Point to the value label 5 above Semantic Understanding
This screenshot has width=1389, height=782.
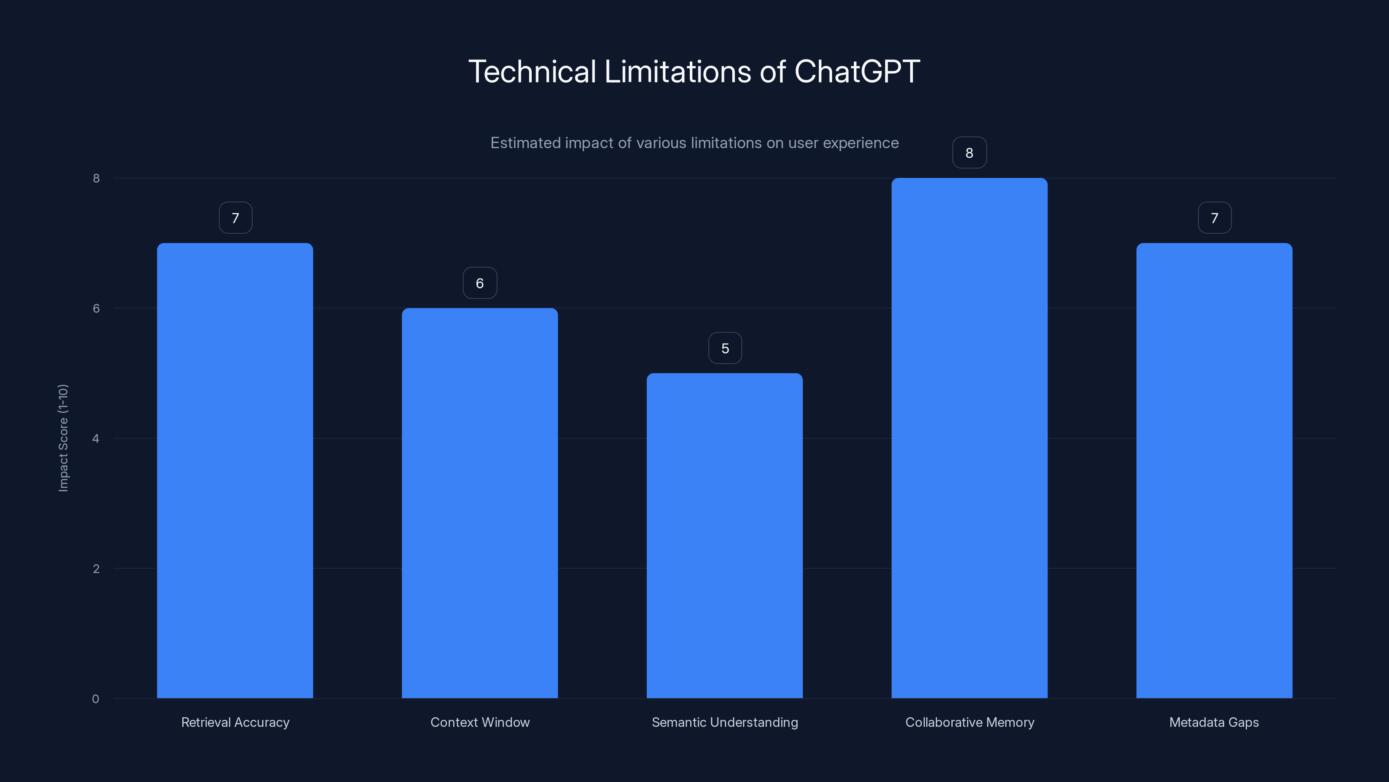(725, 348)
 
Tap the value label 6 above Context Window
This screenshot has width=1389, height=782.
(479, 283)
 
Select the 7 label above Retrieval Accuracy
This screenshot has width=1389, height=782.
(235, 218)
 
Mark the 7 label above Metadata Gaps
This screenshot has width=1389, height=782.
(1215, 218)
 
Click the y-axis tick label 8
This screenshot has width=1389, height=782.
(96, 178)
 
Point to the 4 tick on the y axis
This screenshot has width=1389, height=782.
(95, 438)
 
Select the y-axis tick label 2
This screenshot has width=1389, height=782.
(96, 568)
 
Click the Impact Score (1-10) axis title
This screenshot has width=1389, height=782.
(63, 437)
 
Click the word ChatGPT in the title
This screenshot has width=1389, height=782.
(857, 71)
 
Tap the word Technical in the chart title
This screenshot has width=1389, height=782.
(532, 71)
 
